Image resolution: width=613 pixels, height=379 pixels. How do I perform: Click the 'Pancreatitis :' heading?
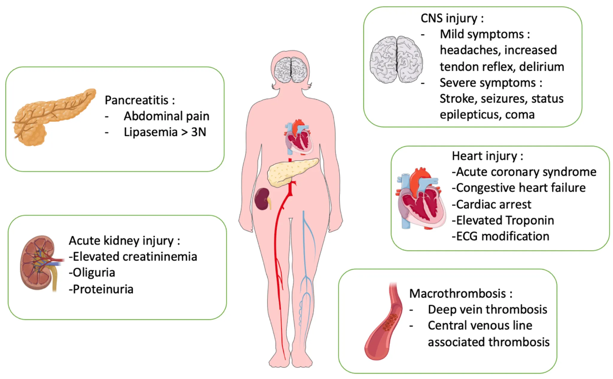tap(139, 100)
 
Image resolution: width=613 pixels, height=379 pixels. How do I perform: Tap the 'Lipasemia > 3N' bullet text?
tap(165, 132)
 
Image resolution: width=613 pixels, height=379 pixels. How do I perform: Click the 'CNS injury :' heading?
tap(452, 18)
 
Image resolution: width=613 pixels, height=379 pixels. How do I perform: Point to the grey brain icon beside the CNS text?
tap(396, 60)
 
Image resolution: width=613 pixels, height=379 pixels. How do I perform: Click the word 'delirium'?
tap(541, 67)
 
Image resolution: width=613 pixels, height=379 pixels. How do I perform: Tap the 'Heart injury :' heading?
tap(487, 156)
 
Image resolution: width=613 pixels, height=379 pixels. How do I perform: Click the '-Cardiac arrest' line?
tap(491, 204)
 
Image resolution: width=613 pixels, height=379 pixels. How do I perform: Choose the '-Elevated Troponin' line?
tap(503, 220)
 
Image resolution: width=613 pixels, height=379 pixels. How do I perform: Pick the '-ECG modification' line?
tap(500, 236)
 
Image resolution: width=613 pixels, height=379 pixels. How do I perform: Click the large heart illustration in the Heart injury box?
tap(421, 199)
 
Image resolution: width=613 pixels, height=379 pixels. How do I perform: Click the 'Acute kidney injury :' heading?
tap(124, 240)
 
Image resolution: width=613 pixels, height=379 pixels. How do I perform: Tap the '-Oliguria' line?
tap(92, 272)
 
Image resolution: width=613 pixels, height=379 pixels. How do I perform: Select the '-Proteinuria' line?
tap(101, 289)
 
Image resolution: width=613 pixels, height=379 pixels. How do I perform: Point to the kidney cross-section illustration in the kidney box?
tap(39, 263)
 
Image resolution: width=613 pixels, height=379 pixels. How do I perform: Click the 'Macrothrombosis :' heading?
tap(461, 294)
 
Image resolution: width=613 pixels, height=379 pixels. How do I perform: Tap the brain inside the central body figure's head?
tap(291, 70)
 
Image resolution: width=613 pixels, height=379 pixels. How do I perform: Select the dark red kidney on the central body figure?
tap(262, 199)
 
